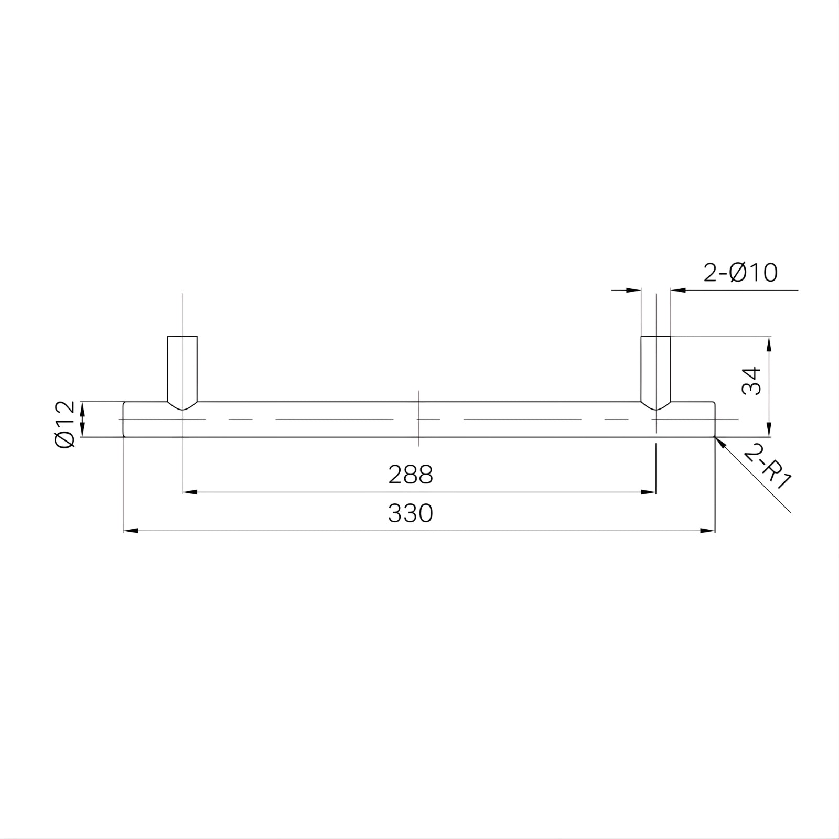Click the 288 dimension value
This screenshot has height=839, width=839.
(411, 475)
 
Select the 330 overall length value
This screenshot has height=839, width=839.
(411, 514)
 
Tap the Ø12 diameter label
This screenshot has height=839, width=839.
(65, 424)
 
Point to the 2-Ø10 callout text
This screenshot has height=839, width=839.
(740, 273)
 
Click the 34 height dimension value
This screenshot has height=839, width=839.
(751, 381)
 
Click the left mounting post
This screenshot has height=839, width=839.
(182, 367)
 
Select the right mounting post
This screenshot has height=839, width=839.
(655, 367)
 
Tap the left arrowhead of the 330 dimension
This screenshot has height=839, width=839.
(130, 531)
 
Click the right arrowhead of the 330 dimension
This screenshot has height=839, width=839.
(708, 531)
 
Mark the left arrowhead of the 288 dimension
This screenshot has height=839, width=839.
(189, 492)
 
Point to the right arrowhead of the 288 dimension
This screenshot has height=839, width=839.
(649, 492)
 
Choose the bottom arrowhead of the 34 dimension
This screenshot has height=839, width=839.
(769, 431)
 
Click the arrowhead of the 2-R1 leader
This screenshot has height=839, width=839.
(720, 442)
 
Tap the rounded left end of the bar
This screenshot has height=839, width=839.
(124, 419)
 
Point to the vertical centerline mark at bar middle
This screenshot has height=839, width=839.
(418, 419)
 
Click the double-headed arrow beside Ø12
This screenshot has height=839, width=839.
(82, 419)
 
